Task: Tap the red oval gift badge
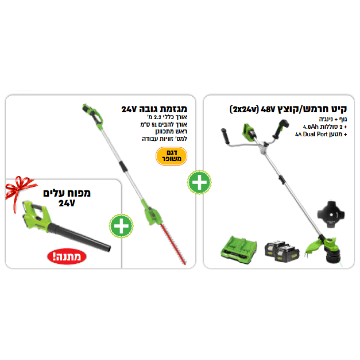(66, 256)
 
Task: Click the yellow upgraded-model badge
(171, 156)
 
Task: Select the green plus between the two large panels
(199, 182)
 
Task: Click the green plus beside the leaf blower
(121, 226)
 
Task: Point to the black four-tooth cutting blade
(331, 214)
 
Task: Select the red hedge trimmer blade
(173, 244)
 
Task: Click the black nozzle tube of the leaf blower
(80, 238)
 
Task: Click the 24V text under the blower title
(66, 203)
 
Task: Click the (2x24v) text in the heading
(244, 109)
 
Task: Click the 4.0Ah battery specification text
(310, 127)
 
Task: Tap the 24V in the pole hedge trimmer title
(129, 109)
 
